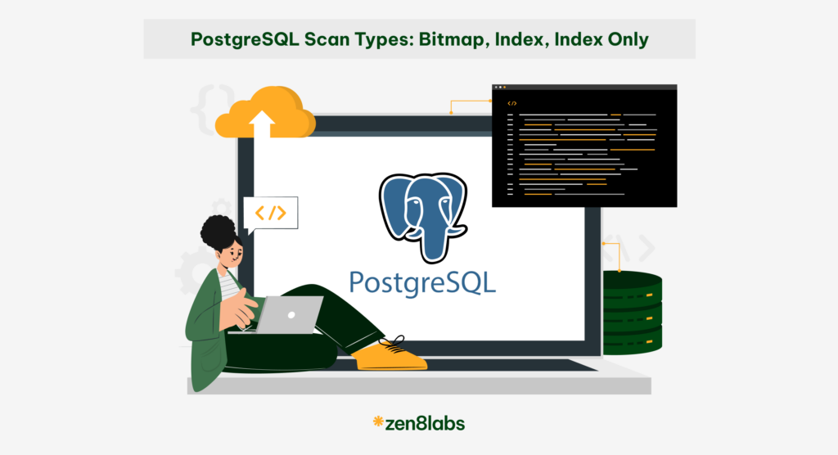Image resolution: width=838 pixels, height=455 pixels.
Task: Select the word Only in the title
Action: pyautogui.click(x=625, y=38)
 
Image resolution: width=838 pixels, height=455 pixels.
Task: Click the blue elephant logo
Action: pyautogui.click(x=422, y=208)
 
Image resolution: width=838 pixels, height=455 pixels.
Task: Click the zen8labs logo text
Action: pyautogui.click(x=426, y=423)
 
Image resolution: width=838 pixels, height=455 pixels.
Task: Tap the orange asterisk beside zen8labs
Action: pyautogui.click(x=377, y=422)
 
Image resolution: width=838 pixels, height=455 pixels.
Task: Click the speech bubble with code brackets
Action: pyautogui.click(x=271, y=213)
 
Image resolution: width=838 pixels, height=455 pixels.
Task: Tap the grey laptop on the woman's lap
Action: pyautogui.click(x=291, y=315)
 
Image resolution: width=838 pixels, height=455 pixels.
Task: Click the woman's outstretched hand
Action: pyautogui.click(x=239, y=309)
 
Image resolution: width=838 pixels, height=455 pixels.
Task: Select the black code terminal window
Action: pyautogui.click(x=584, y=146)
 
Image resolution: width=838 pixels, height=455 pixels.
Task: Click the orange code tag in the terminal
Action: pyautogui.click(x=512, y=103)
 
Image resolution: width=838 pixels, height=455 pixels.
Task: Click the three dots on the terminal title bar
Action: pyautogui.click(x=500, y=88)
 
